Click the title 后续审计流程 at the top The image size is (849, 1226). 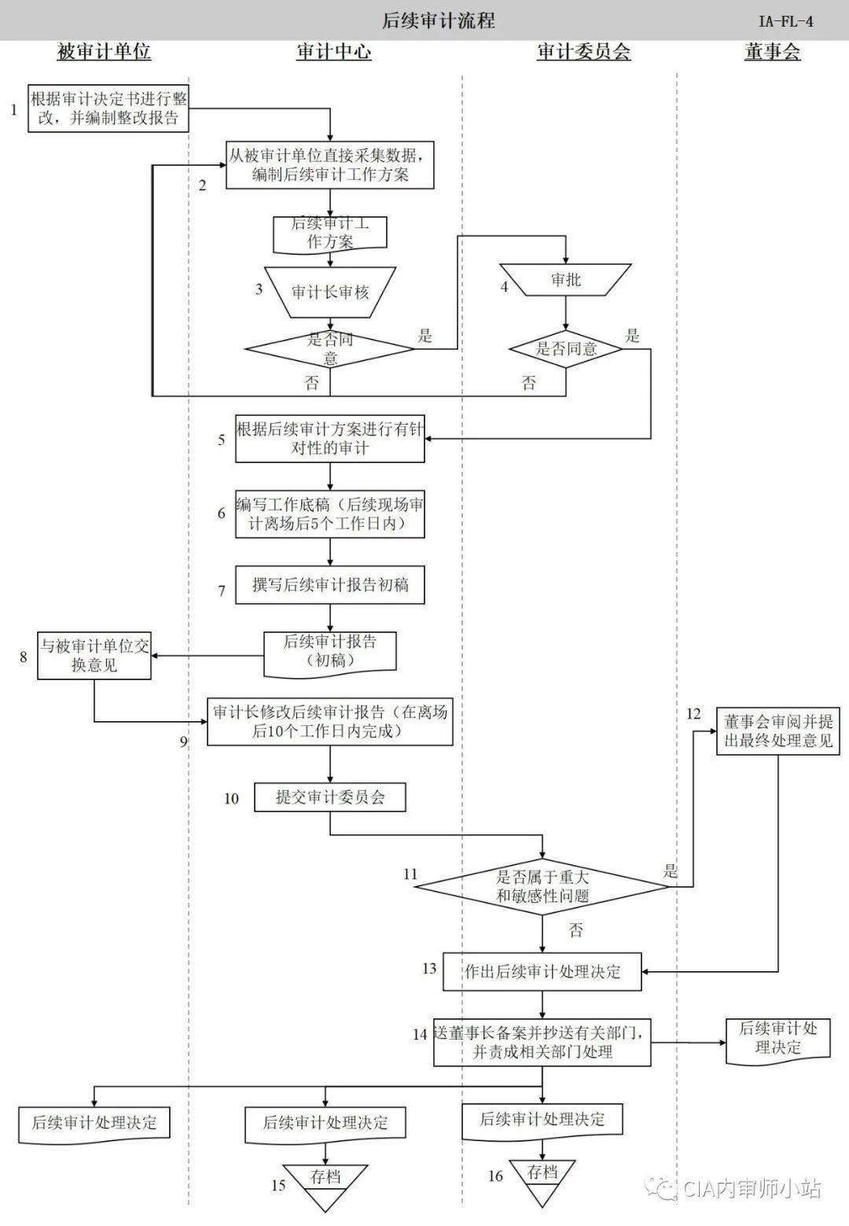pos(438,20)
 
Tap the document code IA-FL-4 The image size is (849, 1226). pos(785,21)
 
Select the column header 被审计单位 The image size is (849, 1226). pos(104,53)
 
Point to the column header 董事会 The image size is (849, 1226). pos(772,53)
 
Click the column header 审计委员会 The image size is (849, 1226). pos(583,53)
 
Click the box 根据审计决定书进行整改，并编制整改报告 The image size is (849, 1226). pos(108,109)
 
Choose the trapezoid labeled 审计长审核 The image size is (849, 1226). pos(330,293)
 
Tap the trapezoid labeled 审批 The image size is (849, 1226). pos(565,280)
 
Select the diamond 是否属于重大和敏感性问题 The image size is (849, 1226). pos(542,886)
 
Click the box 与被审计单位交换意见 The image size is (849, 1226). pos(94,656)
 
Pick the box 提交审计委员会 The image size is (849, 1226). pos(329,797)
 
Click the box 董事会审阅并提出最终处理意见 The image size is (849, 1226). pos(778,731)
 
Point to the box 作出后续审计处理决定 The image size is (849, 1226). pos(542,971)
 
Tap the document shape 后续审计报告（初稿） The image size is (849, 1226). pos(329,652)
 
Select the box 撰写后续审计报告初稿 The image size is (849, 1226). pos(329,585)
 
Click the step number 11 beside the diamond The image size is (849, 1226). pos(410,874)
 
